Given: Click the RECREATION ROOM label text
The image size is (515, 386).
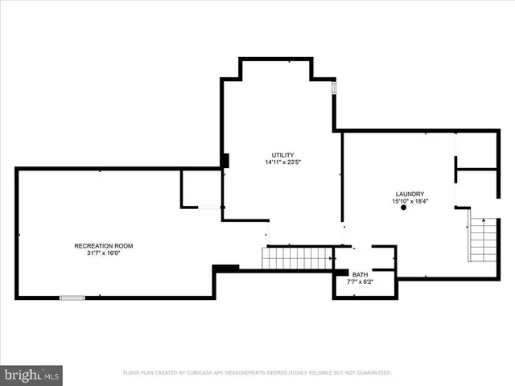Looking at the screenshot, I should (x=104, y=245).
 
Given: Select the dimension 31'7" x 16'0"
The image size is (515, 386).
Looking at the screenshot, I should (x=104, y=253).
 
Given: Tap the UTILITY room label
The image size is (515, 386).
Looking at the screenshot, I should (x=282, y=154).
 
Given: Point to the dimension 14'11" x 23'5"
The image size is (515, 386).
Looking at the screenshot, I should (x=282, y=162).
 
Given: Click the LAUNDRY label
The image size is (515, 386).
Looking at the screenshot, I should (x=410, y=194).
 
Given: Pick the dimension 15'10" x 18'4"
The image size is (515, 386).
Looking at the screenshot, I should (x=410, y=202).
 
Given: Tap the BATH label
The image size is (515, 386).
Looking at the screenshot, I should (x=360, y=274).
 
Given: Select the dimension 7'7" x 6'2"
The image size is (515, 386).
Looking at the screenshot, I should (x=360, y=282).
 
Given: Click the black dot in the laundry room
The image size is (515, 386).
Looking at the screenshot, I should (x=403, y=208).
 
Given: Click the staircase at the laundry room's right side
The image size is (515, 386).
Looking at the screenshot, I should (x=484, y=240).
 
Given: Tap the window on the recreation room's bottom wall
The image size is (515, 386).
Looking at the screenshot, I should (x=72, y=298).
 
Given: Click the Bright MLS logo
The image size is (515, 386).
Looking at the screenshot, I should (x=31, y=375).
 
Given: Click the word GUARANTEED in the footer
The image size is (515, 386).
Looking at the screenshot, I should (x=372, y=373).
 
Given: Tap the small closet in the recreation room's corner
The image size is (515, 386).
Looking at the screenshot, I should (x=200, y=189).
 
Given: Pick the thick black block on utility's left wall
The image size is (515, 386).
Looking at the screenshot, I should (x=225, y=161).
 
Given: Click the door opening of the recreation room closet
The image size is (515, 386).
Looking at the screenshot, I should (x=210, y=207).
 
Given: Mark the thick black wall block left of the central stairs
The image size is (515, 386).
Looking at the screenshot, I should (x=226, y=268).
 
